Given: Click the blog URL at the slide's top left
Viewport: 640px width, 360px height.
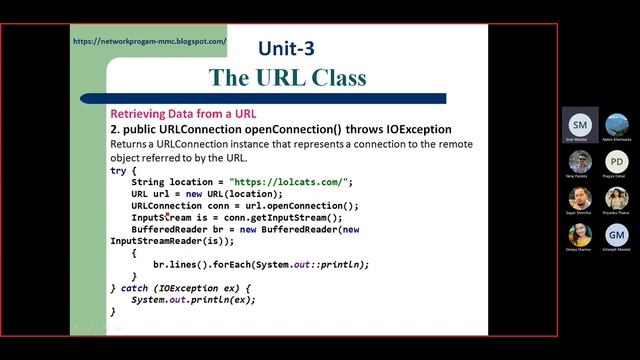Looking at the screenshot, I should pyautogui.click(x=150, y=42).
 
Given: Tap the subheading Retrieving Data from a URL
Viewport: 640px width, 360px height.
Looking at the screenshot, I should pyautogui.click(x=183, y=114).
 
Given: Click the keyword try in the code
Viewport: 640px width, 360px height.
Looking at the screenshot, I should pyautogui.click(x=119, y=171).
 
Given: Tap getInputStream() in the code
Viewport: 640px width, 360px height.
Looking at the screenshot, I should pyautogui.click(x=299, y=217).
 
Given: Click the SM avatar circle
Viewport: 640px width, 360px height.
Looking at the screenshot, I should pyautogui.click(x=580, y=124).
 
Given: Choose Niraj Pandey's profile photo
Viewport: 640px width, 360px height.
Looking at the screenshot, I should pyautogui.click(x=580, y=161).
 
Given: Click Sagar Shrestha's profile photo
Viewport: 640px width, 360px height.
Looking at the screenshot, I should pyautogui.click(x=580, y=198).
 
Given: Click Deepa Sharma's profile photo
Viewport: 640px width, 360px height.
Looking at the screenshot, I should pyautogui.click(x=580, y=234).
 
